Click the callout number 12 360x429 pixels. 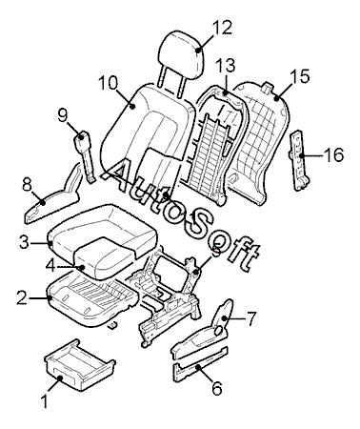(x=222, y=28)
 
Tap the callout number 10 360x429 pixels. (x=108, y=84)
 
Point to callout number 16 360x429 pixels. (x=333, y=155)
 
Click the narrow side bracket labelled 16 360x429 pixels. (x=298, y=160)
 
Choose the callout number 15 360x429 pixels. (x=299, y=77)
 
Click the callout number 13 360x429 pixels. (x=226, y=66)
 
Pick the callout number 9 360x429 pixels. (x=63, y=115)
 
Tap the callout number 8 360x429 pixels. (x=28, y=185)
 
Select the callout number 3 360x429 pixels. (x=24, y=242)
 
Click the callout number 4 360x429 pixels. (x=50, y=266)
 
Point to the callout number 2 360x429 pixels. (x=22, y=298)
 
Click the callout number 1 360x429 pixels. (x=45, y=401)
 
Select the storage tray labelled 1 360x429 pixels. (x=79, y=365)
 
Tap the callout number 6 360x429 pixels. (x=217, y=388)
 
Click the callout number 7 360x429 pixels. (x=250, y=318)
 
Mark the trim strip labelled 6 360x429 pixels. (x=200, y=364)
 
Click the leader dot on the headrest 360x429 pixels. (x=198, y=50)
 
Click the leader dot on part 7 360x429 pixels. (x=224, y=318)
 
